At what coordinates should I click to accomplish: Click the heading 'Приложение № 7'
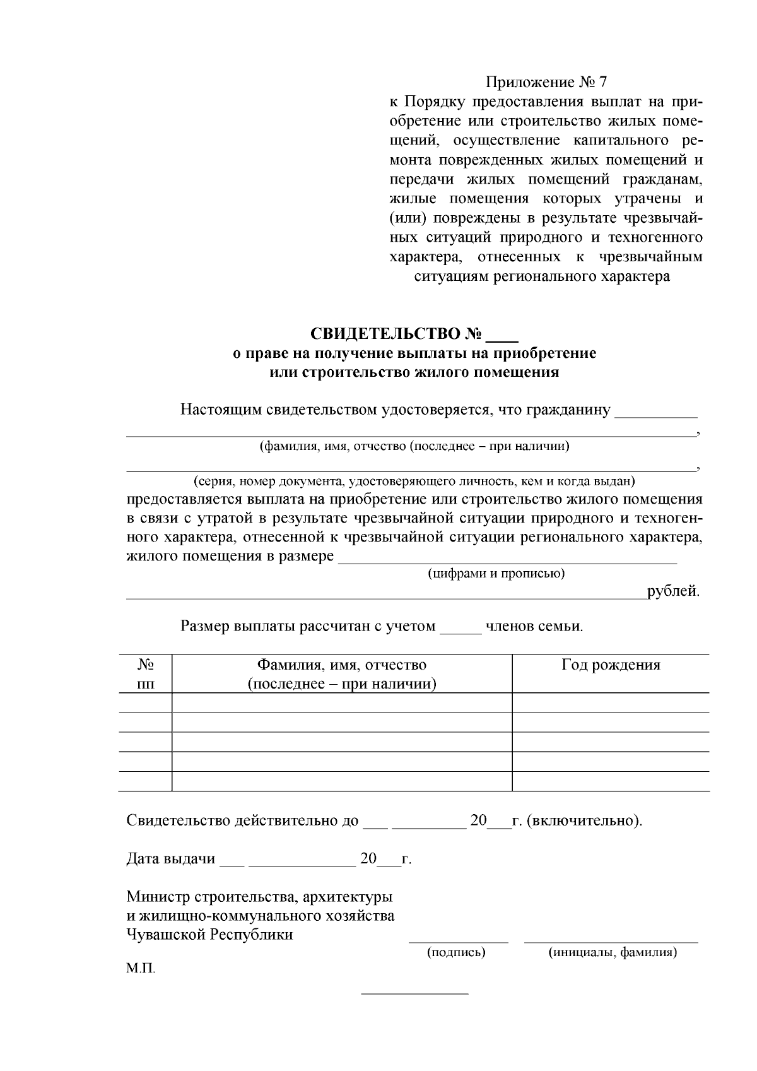[546, 83]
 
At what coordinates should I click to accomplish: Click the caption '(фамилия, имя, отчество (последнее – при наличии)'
[414, 447]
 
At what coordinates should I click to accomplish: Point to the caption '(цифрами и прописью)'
[496, 574]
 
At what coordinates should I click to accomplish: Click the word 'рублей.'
[674, 592]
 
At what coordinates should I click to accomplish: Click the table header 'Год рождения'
[611, 665]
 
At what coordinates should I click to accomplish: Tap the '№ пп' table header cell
[146, 674]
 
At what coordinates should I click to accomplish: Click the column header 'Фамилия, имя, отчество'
[341, 665]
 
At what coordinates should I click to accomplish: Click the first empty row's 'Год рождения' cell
[611, 702]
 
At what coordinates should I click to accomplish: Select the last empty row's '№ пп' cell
[146, 781]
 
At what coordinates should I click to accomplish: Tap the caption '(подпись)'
[456, 952]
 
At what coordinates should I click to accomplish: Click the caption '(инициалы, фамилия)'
[613, 952]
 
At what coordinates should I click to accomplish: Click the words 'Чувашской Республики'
[210, 935]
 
